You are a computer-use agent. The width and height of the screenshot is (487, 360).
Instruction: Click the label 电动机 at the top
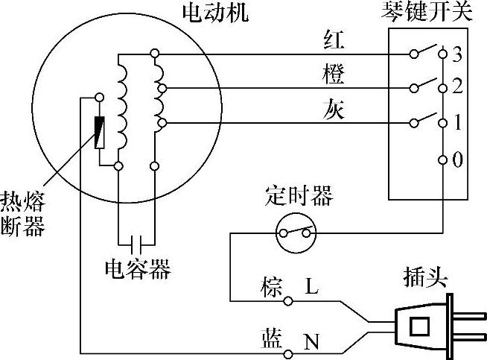(215, 13)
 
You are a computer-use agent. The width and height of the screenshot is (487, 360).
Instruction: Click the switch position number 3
(458, 54)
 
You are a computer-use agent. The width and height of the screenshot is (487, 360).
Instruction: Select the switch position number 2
(458, 89)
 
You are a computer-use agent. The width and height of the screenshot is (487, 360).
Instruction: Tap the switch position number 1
(458, 123)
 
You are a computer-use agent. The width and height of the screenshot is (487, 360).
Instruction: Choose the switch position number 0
(458, 159)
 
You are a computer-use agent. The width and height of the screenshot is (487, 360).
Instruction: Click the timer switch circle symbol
(296, 233)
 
